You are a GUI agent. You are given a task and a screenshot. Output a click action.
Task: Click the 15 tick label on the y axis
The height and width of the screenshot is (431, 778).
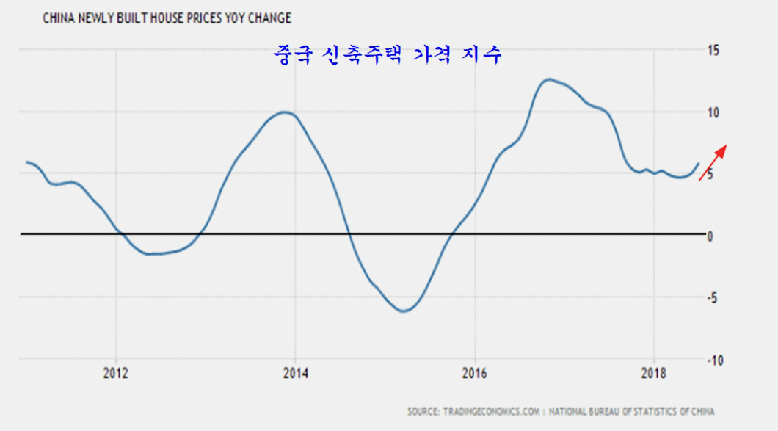coord(713,50)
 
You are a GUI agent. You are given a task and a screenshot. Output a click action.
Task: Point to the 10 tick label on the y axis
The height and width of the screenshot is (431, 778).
coord(713,112)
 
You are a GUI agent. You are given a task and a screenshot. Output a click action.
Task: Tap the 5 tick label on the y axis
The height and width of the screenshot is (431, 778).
coord(710,175)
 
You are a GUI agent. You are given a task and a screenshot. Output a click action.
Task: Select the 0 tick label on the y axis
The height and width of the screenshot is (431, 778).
coord(710,236)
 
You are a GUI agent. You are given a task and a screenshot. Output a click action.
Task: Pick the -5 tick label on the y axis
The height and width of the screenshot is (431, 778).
coord(712,298)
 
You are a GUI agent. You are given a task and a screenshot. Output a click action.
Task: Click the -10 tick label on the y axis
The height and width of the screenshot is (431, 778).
coord(715,360)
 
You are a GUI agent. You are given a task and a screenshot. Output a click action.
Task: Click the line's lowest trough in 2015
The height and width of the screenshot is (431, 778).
coord(404,311)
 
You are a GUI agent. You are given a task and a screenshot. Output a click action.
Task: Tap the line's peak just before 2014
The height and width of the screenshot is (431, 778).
coord(286,112)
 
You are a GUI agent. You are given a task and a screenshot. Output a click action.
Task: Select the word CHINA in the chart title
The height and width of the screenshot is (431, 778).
coord(59,17)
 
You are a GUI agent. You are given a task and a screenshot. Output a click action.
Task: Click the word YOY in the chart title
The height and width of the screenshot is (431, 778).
coord(239,17)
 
